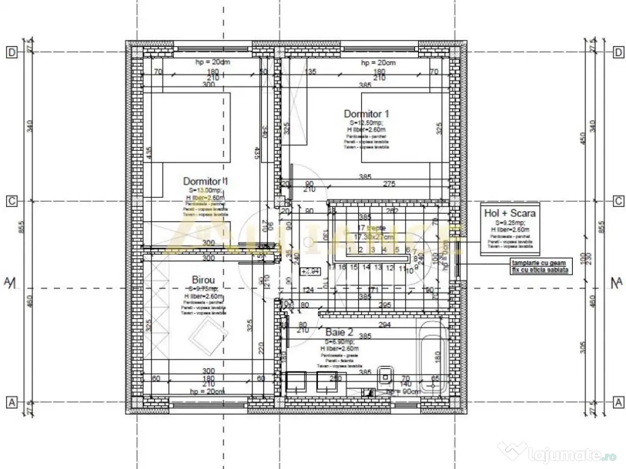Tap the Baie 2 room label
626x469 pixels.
click(339, 332)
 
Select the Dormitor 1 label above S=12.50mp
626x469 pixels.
click(366, 113)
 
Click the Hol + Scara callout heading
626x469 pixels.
click(509, 213)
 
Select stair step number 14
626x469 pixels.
click(366, 267)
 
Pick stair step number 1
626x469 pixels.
click(348, 249)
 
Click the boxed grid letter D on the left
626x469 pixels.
click(11, 53)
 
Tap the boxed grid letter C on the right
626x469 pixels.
click(619, 201)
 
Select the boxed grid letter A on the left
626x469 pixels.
click(11, 402)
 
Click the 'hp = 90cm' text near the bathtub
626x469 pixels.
click(401, 392)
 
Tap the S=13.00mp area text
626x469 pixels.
click(205, 190)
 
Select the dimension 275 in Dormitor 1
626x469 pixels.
click(389, 184)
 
